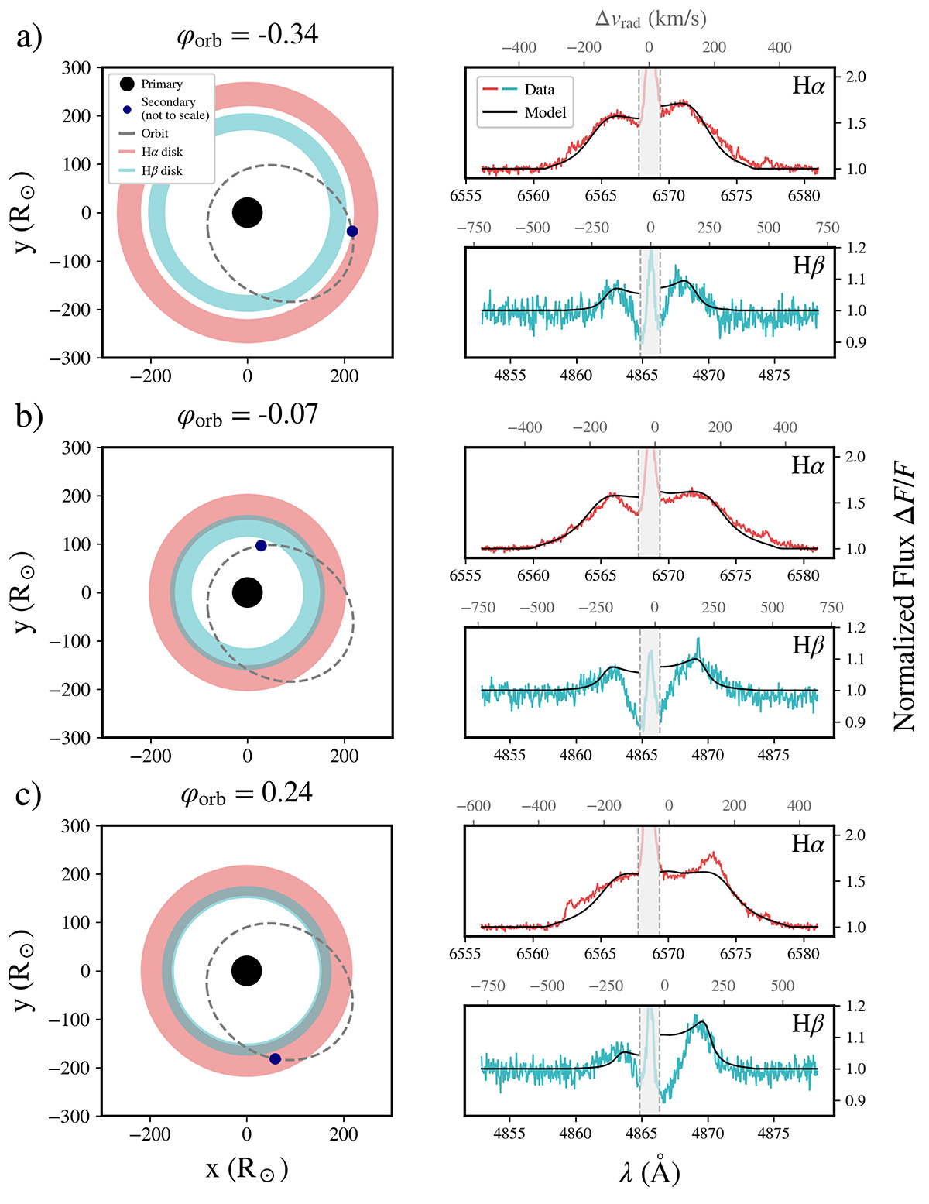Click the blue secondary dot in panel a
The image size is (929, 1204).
click(x=352, y=231)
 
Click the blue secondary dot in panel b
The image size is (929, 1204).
click(x=261, y=546)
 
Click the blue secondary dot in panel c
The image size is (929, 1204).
click(x=275, y=1058)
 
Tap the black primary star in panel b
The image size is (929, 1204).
click(x=247, y=592)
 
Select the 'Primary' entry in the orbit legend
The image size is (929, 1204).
click(x=161, y=84)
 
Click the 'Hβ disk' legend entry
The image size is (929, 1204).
click(x=161, y=170)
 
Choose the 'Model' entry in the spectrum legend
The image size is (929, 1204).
click(x=545, y=113)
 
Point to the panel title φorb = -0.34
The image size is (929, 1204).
click(x=247, y=35)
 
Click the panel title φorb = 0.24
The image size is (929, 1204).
click(x=246, y=794)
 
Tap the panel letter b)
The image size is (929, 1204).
click(x=29, y=416)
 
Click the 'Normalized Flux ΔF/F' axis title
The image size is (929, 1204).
click(x=903, y=596)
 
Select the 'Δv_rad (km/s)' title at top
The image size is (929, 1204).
click(x=650, y=19)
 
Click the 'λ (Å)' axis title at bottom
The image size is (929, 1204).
click(x=650, y=1172)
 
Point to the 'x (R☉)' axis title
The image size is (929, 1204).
click(x=247, y=1168)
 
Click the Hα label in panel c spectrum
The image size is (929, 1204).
click(x=807, y=843)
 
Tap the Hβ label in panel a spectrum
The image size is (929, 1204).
click(x=808, y=266)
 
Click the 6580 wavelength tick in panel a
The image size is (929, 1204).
click(x=804, y=196)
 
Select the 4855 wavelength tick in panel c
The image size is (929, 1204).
click(x=509, y=1134)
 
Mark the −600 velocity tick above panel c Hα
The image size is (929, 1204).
click(x=474, y=806)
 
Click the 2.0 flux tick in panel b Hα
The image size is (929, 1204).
click(x=855, y=457)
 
